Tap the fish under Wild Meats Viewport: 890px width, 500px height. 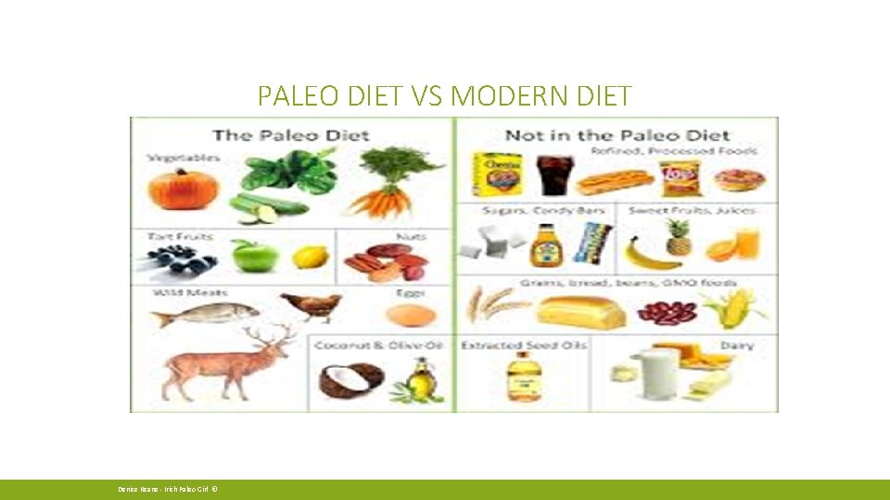coord(204,315)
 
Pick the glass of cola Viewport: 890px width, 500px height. coord(554,173)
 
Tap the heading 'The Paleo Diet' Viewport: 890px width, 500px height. coord(290,135)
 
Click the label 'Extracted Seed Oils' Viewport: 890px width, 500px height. coord(518,345)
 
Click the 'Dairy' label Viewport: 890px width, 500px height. coord(736,345)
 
